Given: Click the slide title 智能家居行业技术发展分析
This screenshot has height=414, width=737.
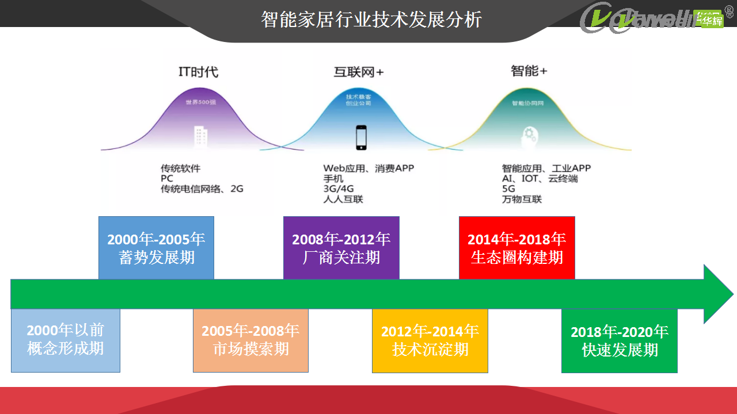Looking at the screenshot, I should (x=371, y=20).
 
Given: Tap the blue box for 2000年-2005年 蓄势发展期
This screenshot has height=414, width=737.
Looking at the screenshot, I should (x=156, y=248).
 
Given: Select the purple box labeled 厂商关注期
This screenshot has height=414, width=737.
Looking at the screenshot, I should (x=341, y=248).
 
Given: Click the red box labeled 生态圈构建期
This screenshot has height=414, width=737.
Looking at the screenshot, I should (x=516, y=248).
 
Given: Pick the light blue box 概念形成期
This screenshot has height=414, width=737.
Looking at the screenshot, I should (x=66, y=340).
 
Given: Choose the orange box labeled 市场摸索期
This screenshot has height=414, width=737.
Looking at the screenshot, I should (x=250, y=340).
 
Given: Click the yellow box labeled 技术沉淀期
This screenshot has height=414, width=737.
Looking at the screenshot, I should (x=430, y=340).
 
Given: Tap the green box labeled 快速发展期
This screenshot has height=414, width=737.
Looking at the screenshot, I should (x=619, y=341).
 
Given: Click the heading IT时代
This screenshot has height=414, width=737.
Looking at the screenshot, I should (x=198, y=72).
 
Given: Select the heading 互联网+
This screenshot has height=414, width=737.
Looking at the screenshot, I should (x=358, y=72).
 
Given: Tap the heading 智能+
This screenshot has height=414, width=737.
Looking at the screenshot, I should (x=529, y=71).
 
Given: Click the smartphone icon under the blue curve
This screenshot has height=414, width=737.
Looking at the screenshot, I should (x=362, y=137).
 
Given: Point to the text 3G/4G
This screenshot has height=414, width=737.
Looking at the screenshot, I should (x=339, y=189).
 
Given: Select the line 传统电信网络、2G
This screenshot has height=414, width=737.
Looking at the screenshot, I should (x=202, y=189).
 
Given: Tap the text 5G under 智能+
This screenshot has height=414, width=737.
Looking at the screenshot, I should (x=508, y=189).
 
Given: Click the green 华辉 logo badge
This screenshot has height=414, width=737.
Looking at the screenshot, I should (x=709, y=21).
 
